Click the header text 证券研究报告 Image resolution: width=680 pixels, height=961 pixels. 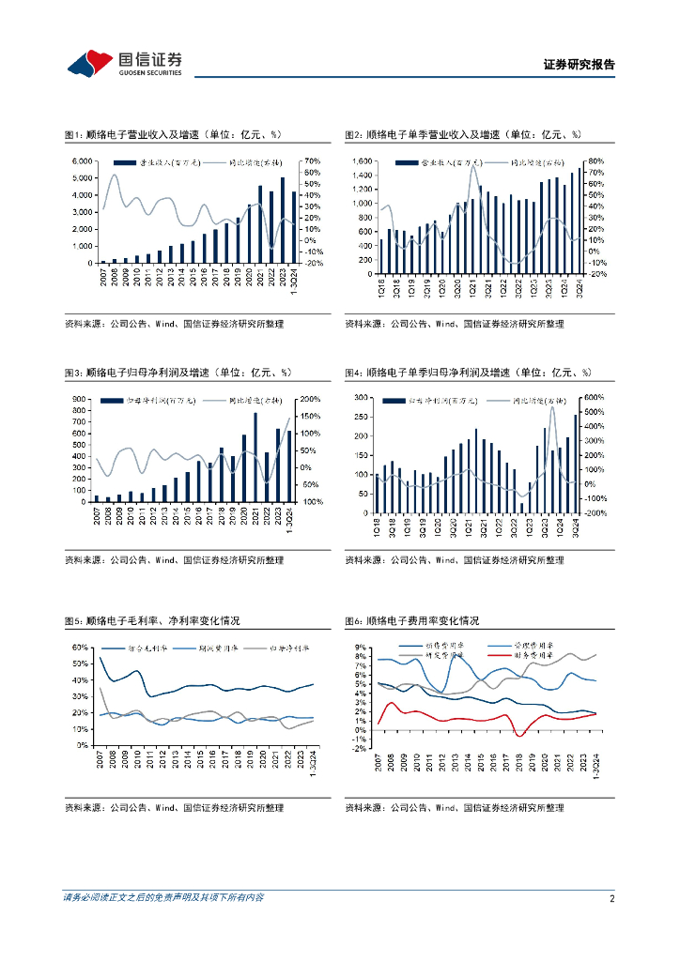pyautogui.click(x=580, y=65)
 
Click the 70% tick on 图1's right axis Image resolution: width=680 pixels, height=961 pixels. pyautogui.click(x=312, y=161)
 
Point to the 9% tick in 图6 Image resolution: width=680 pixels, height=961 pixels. pyautogui.click(x=361, y=648)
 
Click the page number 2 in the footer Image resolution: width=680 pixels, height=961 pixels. pyautogui.click(x=612, y=898)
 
